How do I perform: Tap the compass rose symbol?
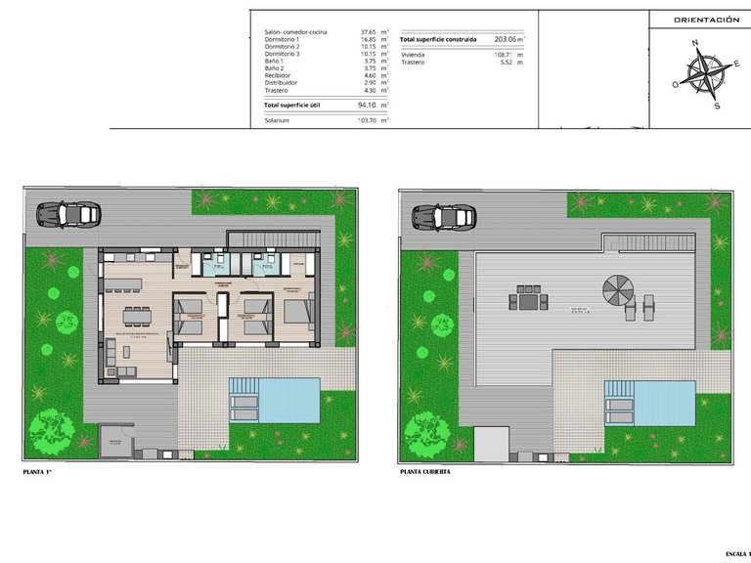[704, 74]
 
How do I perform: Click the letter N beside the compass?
[693, 43]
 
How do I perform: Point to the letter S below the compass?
[717, 106]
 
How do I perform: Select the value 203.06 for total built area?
[506, 39]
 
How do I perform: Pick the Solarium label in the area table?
[278, 120]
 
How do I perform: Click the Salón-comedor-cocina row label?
[295, 32]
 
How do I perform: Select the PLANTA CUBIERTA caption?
[425, 472]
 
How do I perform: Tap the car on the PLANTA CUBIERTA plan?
[443, 215]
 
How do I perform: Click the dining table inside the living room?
[137, 315]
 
